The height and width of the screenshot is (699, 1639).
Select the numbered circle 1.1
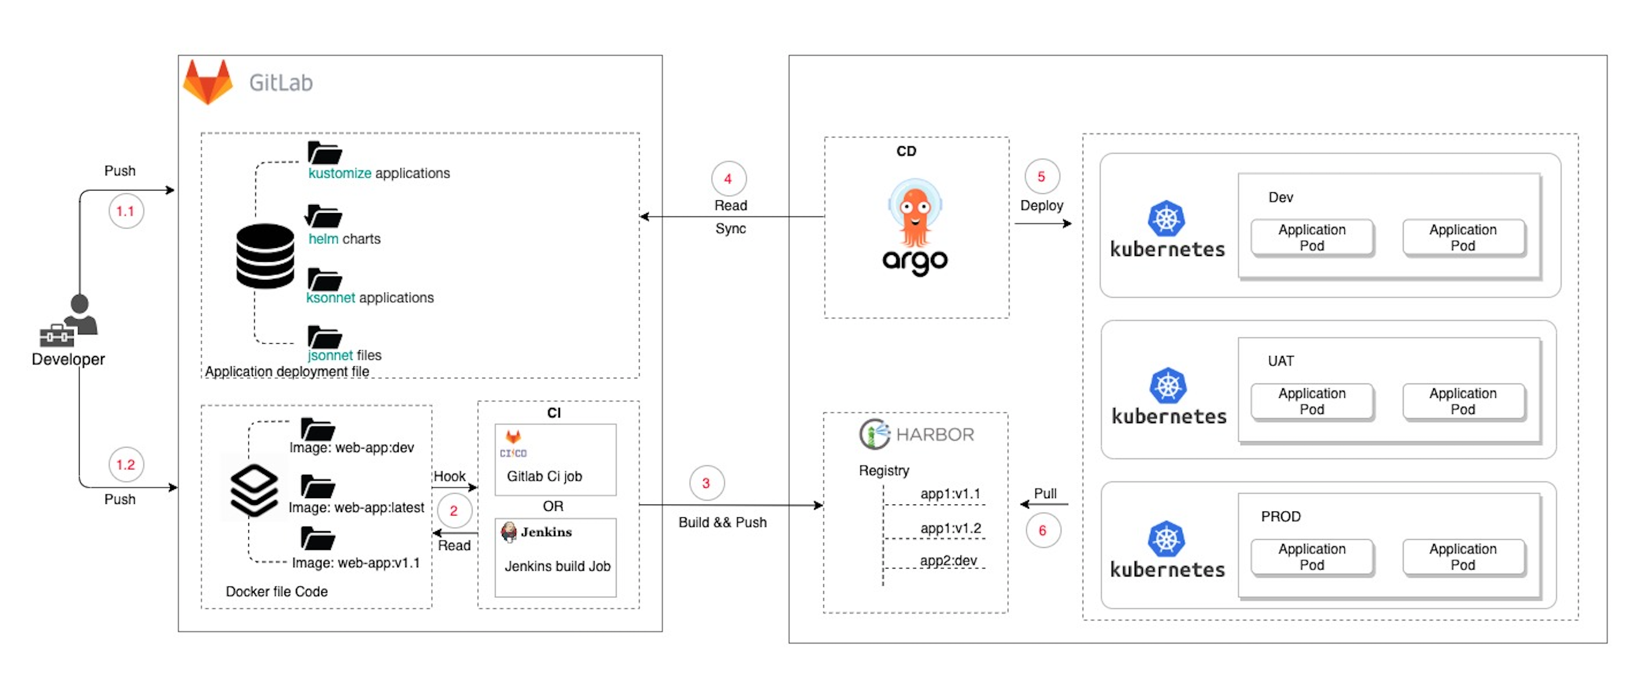coord(125,211)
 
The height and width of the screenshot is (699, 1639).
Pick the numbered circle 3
coord(706,482)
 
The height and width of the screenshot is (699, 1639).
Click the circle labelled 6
coord(1042,529)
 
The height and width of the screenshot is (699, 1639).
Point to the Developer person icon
coord(71,318)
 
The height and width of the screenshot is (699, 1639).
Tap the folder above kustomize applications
coord(324,153)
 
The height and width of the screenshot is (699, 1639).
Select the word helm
coord(323,239)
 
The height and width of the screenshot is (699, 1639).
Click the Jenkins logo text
coord(546,532)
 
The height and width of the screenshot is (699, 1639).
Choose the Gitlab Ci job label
coord(544,476)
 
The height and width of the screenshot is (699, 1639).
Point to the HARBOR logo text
coord(934,434)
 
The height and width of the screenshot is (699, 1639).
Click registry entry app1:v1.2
coord(950,528)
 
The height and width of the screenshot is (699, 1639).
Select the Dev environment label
coord(1280,197)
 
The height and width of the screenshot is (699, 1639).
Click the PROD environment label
coord(1280,516)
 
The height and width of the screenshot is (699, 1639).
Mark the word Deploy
coord(1042,205)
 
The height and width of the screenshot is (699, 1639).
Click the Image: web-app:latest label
coord(356,507)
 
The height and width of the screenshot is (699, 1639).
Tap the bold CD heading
coord(906,151)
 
